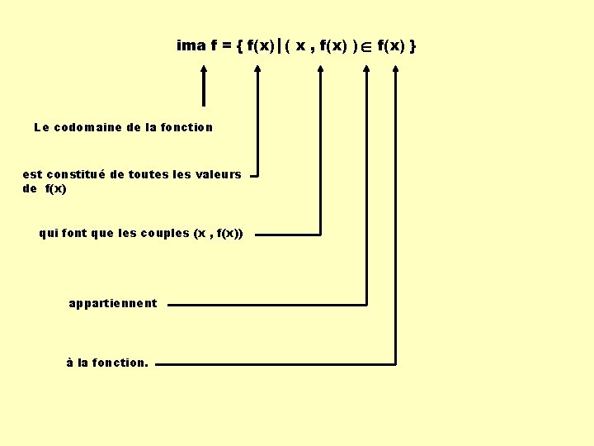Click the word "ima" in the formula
(191, 45)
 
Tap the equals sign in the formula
(226, 46)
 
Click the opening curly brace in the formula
(239, 46)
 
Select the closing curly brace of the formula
(412, 46)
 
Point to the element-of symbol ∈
(367, 47)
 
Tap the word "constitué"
(76, 174)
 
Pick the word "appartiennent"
(113, 303)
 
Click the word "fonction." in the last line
(120, 363)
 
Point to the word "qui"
(48, 233)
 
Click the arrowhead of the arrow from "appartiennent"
(366, 69)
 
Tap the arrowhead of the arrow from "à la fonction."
(395, 69)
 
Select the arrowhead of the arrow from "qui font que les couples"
(321, 69)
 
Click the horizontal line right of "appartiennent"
(264, 304)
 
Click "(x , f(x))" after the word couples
(218, 233)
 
